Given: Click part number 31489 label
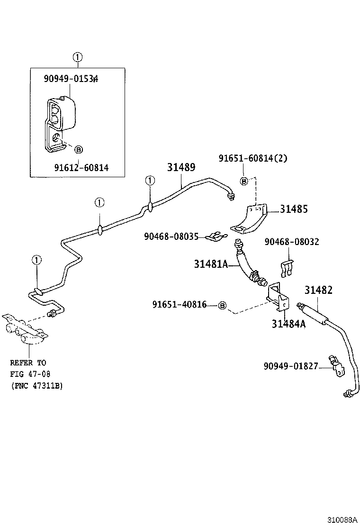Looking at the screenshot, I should tap(181, 167).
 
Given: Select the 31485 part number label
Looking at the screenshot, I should tap(293, 209).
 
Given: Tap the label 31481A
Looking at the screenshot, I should tap(211, 264).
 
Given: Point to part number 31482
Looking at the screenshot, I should tap(318, 290).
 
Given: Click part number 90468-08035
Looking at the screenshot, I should tap(171, 236).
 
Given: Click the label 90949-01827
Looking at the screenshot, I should tap(290, 366).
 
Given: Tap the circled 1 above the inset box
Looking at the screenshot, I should tap(78, 58).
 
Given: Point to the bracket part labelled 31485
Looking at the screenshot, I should tap(250, 219).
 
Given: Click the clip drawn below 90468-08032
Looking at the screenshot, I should tap(289, 268).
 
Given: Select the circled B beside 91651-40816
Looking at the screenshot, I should tap(222, 305).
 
